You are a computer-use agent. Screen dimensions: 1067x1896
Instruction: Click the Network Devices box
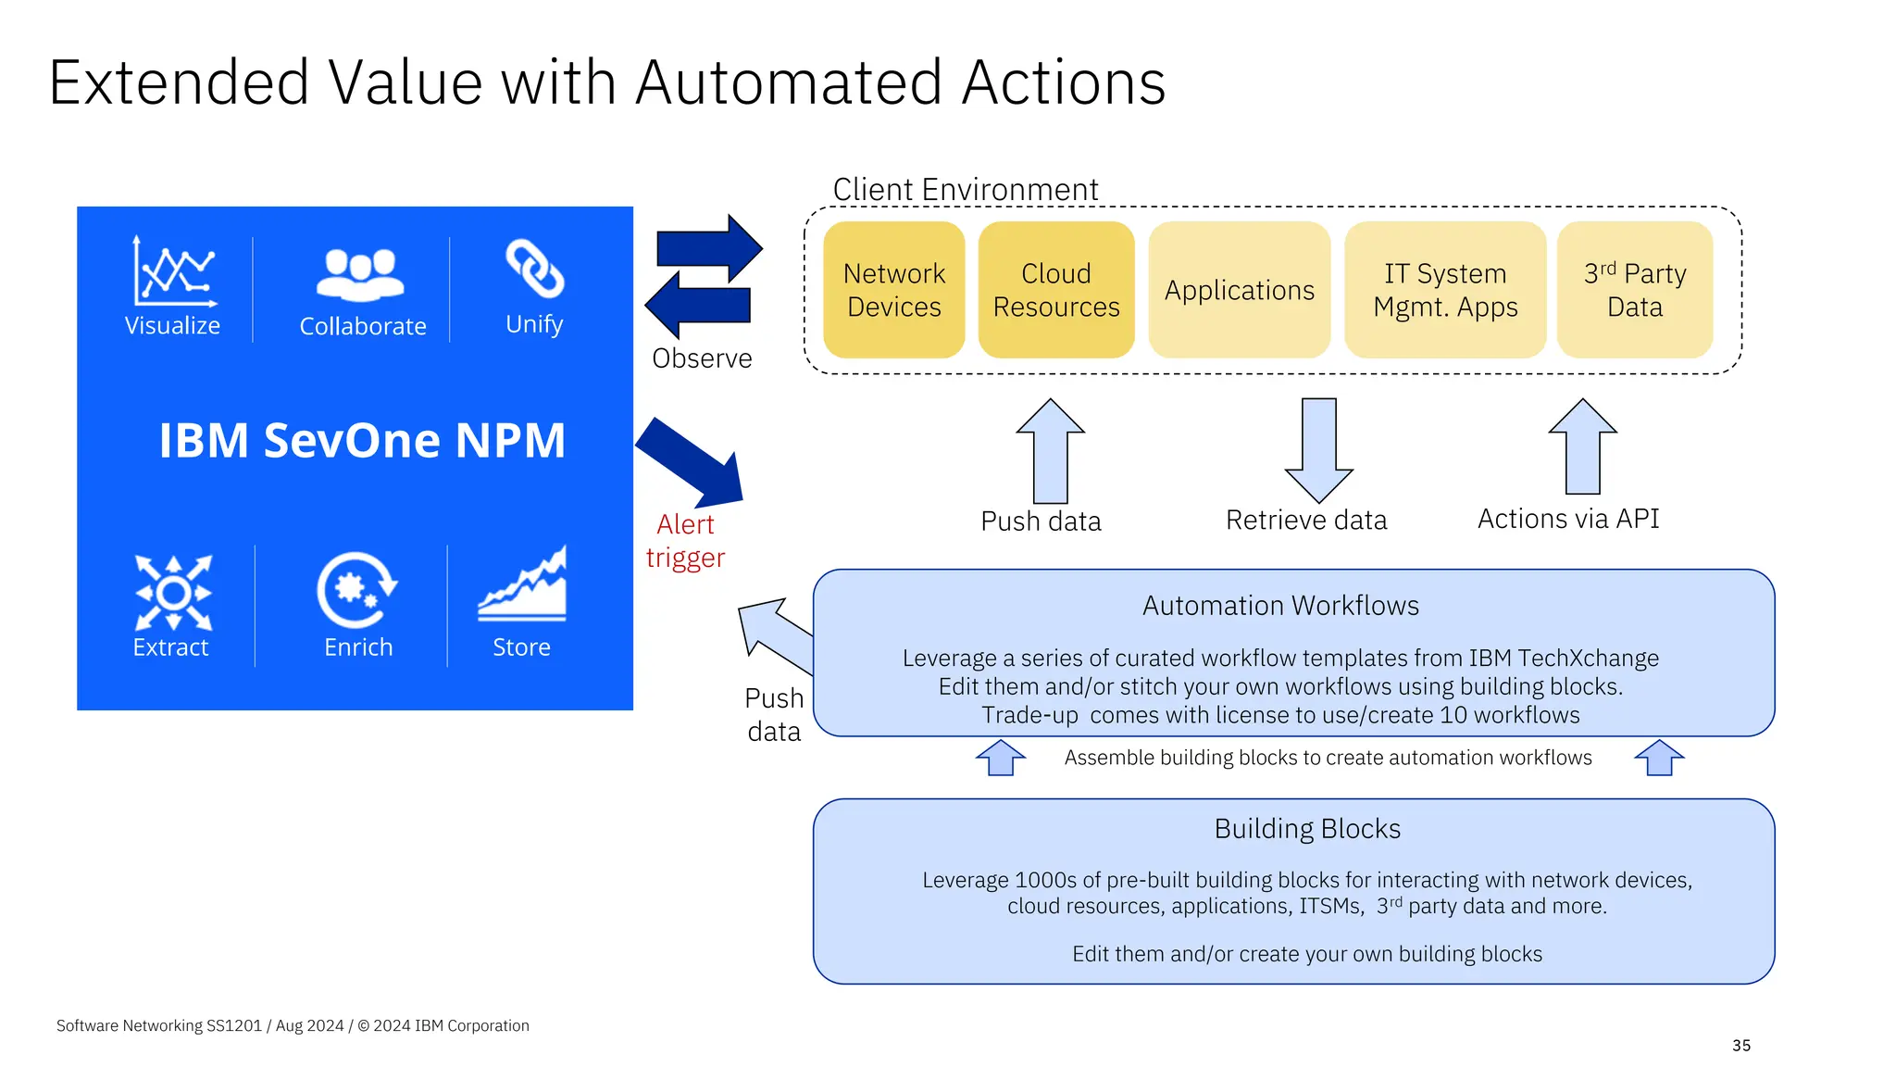[893, 290]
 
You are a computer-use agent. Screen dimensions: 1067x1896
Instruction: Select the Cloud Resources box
[1055, 290]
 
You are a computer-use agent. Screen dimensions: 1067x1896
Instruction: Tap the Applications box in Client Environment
[1239, 290]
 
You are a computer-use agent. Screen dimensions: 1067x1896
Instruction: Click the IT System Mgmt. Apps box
[1444, 290]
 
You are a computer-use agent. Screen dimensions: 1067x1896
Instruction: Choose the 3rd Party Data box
[1634, 290]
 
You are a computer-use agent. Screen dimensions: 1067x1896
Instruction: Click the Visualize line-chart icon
[174, 271]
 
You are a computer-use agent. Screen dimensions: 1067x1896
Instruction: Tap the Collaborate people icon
[360, 274]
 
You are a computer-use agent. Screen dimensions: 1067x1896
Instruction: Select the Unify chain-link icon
[534, 270]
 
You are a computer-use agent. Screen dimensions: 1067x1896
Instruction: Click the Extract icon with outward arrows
[173, 593]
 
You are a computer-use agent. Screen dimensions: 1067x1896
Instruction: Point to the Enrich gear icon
[356, 591]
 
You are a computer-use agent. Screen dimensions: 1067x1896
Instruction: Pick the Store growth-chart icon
[523, 585]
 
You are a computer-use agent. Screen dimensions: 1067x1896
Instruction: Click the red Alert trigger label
[685, 541]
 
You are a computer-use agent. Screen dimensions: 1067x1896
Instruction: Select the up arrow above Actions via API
[1582, 446]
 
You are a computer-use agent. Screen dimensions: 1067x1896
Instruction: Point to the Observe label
[702, 358]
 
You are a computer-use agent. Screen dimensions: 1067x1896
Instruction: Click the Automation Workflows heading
[1280, 606]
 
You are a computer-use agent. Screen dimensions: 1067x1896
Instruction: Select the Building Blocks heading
[1307, 829]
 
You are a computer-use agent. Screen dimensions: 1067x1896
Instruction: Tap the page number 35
[1740, 1046]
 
